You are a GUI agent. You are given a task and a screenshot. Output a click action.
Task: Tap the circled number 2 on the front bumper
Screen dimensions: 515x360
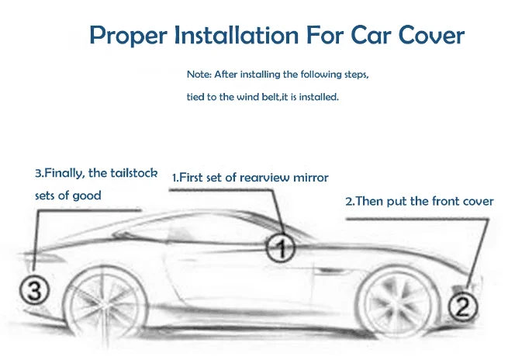461,308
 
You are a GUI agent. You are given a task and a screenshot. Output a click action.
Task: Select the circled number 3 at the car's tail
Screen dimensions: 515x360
40,289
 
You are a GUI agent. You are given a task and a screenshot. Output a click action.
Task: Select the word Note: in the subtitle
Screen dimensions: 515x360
200,74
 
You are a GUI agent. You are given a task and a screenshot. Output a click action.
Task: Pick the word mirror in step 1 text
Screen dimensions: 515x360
311,178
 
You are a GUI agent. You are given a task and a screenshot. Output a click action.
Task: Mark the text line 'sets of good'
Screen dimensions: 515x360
68,196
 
